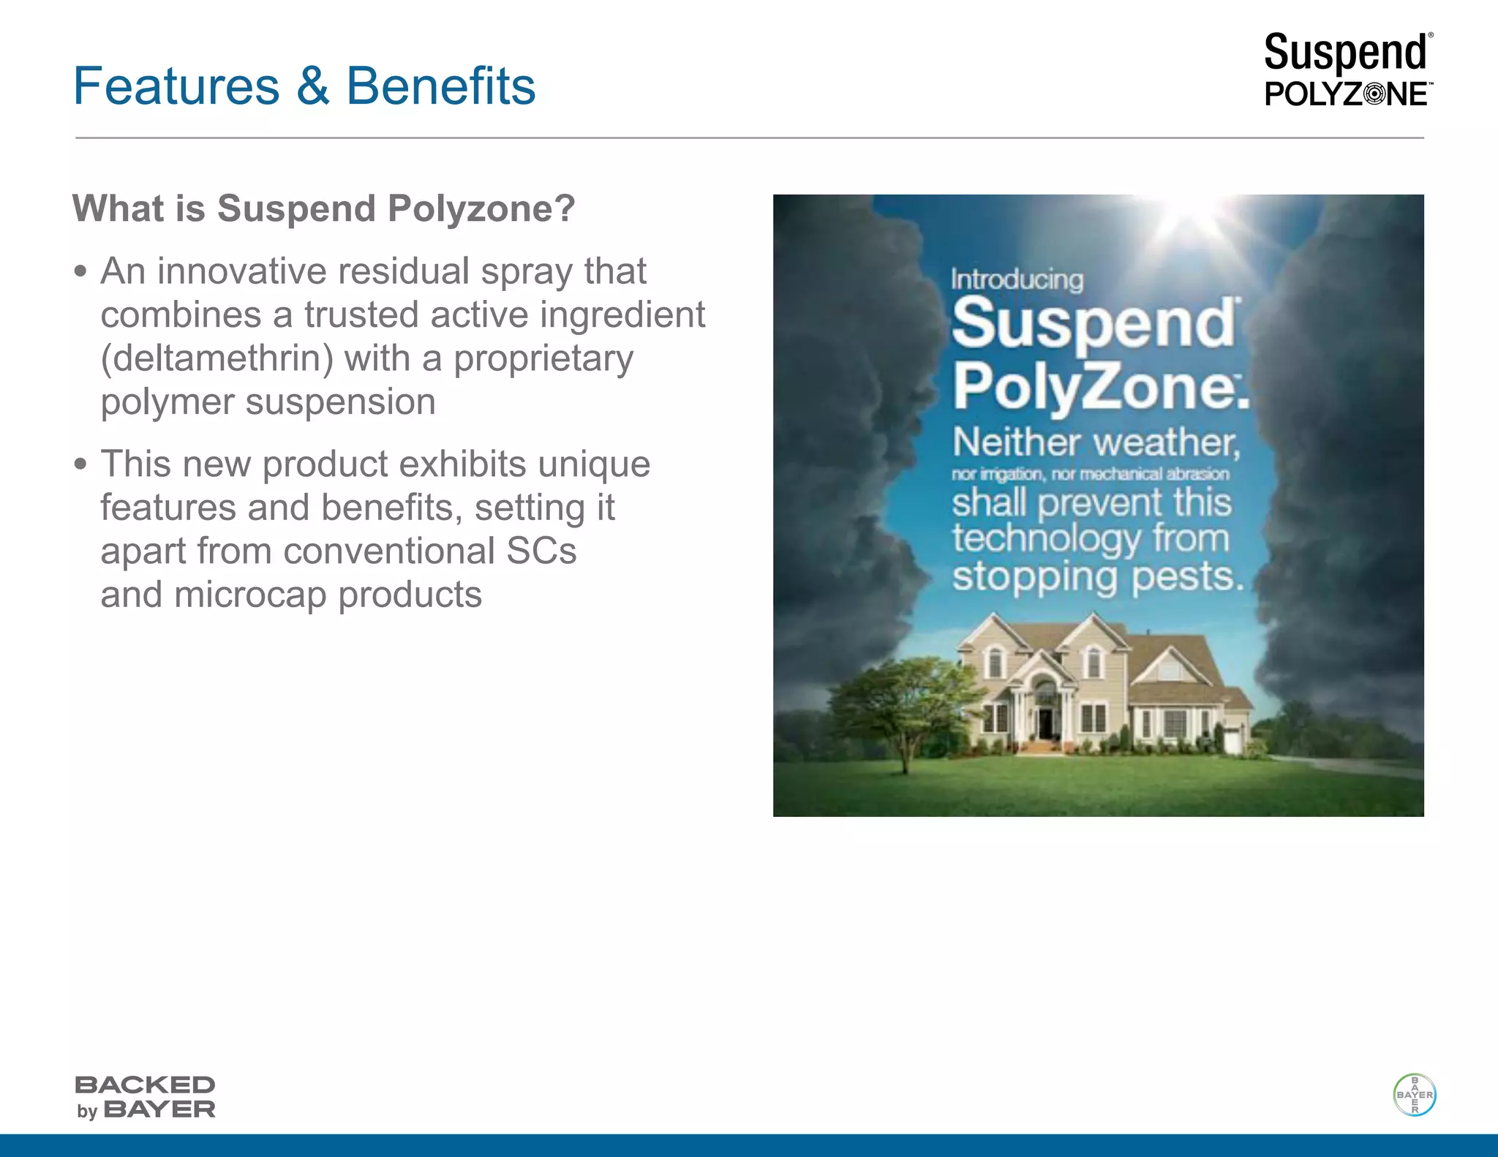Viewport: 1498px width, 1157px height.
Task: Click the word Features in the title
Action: (x=176, y=86)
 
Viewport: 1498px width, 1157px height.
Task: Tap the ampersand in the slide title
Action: (x=312, y=86)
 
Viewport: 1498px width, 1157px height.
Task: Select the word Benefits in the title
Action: (x=440, y=86)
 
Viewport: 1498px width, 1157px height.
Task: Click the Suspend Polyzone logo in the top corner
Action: (x=1347, y=70)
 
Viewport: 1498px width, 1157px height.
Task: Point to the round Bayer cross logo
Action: (x=1414, y=1095)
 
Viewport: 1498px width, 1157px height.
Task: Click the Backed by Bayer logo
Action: (x=145, y=1097)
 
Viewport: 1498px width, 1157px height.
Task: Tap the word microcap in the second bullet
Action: (x=249, y=595)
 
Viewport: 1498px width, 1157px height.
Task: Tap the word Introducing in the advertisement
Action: (x=1017, y=279)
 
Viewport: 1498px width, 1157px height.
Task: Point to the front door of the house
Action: (x=1046, y=722)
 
